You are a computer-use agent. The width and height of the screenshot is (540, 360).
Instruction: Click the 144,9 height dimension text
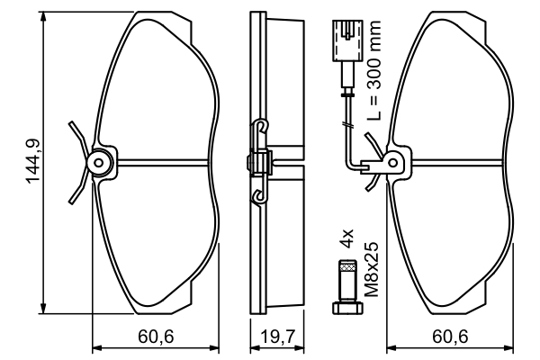coord(32,159)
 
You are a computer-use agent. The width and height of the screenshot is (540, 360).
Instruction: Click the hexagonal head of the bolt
coord(346,309)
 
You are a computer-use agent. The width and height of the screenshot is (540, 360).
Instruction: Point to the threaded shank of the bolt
coord(346,280)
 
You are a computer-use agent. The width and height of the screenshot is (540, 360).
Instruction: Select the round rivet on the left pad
coord(99,162)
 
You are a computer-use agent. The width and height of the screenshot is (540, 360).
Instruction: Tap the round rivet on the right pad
coord(391,162)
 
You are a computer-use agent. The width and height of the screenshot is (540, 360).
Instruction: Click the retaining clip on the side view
coord(259,162)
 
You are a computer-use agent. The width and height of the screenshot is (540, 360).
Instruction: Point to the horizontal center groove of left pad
coord(166,162)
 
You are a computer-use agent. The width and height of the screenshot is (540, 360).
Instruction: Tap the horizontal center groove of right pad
coord(459,162)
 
